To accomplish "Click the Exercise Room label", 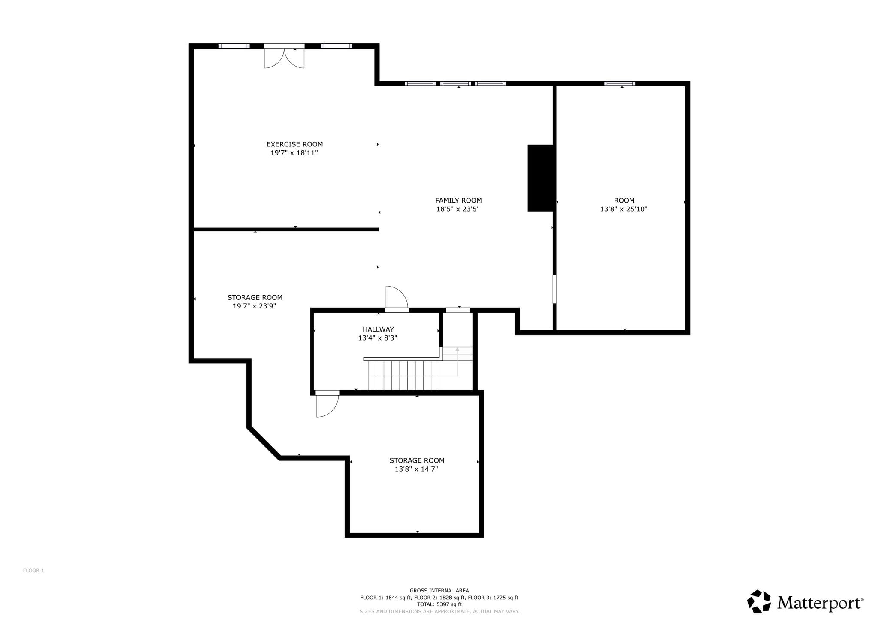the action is click(294, 144).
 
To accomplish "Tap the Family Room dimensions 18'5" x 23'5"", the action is click(458, 209).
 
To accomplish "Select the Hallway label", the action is click(378, 329).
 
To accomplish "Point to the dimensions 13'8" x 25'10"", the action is click(624, 209).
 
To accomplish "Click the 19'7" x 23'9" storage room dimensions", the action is click(255, 306).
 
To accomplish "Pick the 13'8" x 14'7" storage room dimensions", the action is click(416, 469).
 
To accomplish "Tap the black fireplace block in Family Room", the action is click(541, 178).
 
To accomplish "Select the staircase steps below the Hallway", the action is click(403, 375).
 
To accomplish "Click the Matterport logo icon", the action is click(759, 601).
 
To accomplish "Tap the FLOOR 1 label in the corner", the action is click(33, 570).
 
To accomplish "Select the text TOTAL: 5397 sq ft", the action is click(439, 604).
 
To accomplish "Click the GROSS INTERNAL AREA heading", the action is click(439, 591).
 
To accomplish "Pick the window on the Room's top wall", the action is click(620, 84).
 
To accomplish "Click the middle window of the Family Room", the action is click(455, 84).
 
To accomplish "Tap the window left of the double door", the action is click(234, 46).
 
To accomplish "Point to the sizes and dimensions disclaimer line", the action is click(439, 611).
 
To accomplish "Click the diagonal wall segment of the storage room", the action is click(264, 443).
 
